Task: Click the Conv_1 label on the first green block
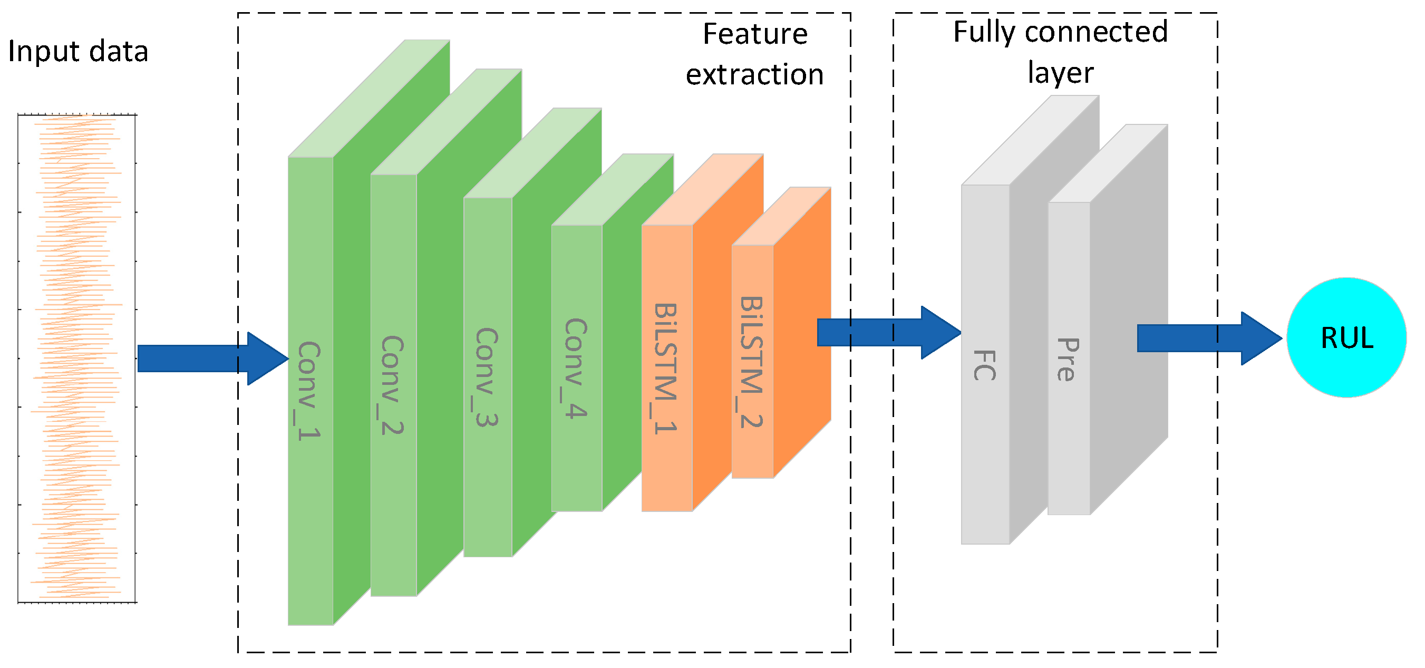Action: tap(309, 391)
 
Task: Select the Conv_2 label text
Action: tap(393, 385)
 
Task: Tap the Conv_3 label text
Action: tap(487, 377)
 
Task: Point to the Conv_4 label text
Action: tap(576, 368)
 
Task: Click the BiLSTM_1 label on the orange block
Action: tap(665, 369)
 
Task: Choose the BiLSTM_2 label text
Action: tap(752, 363)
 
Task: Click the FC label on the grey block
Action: tap(985, 365)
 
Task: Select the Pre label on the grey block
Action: tap(1068, 360)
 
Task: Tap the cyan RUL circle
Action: tap(1346, 337)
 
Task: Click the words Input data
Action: tap(78, 52)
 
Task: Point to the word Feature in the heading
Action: tap(754, 34)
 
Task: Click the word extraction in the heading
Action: tap(754, 74)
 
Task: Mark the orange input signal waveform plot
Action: tap(77, 358)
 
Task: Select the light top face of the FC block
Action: tap(1030, 141)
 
